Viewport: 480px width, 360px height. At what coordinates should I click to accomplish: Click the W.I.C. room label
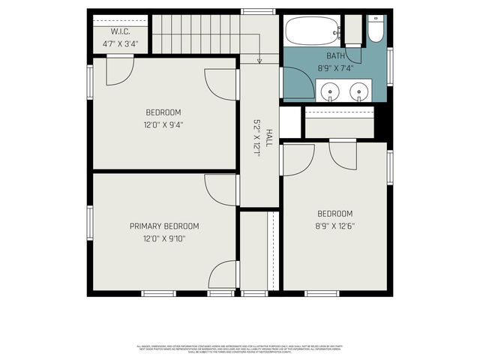click(x=121, y=31)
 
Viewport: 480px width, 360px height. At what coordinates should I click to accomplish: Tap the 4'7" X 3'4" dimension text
click(x=121, y=43)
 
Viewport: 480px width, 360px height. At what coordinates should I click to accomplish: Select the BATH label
click(x=335, y=56)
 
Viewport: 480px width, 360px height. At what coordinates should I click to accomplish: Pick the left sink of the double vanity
click(x=330, y=92)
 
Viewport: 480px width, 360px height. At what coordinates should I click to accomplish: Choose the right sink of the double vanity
click(x=360, y=92)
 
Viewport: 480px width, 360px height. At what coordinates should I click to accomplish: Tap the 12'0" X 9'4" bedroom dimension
click(x=164, y=124)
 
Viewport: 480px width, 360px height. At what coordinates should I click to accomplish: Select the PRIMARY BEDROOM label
click(x=164, y=226)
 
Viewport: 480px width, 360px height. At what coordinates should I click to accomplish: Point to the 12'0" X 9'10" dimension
click(x=164, y=238)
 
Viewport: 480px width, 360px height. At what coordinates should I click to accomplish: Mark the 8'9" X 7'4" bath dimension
click(x=335, y=67)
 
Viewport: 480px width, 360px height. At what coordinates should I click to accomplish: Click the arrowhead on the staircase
click(x=259, y=61)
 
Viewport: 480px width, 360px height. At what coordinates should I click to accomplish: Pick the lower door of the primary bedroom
click(x=223, y=274)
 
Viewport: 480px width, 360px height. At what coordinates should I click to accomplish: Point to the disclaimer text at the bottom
click(x=240, y=348)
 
